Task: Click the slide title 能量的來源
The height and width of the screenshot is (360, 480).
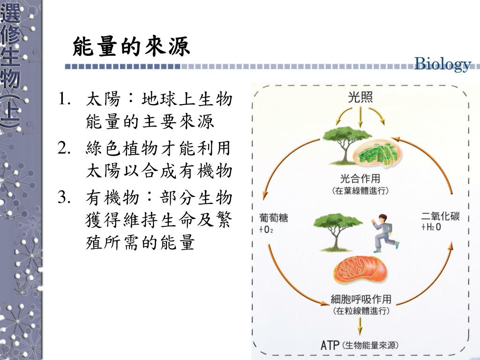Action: tap(132, 47)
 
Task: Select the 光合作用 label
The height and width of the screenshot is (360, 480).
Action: tap(360, 179)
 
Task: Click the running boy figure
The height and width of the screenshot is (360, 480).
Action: tap(385, 232)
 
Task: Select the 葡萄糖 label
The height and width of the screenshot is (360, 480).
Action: tap(273, 218)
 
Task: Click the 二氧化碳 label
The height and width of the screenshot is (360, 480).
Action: tap(440, 217)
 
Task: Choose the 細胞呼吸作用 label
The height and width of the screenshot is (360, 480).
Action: tap(360, 299)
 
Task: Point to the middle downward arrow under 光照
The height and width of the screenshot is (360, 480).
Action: tap(360, 117)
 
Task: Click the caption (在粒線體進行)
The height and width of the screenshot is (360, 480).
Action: tap(360, 311)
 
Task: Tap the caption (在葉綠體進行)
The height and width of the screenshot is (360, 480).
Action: tap(360, 191)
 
